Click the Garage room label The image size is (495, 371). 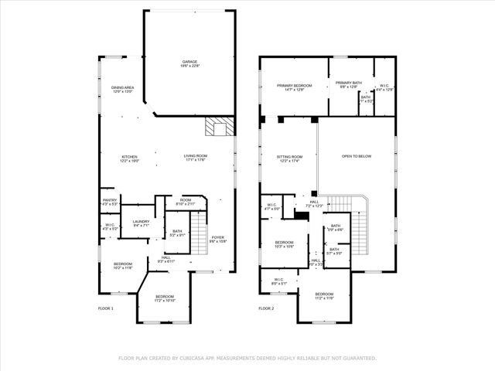coord(189,63)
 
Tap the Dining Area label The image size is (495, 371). coord(124,89)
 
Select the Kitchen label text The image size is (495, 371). coord(129,158)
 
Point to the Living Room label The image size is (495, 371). coord(195,158)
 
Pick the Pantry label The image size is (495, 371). coord(110,202)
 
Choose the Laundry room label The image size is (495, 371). coord(141,223)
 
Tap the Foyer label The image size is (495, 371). coord(218,239)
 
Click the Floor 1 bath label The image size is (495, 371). coord(177,232)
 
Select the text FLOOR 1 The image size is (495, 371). coord(106,308)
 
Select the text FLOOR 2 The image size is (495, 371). coord(265,308)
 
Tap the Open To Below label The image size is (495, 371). coord(357,157)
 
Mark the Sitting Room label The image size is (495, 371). coord(289,158)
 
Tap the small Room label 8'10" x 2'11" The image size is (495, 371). coord(186,201)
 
